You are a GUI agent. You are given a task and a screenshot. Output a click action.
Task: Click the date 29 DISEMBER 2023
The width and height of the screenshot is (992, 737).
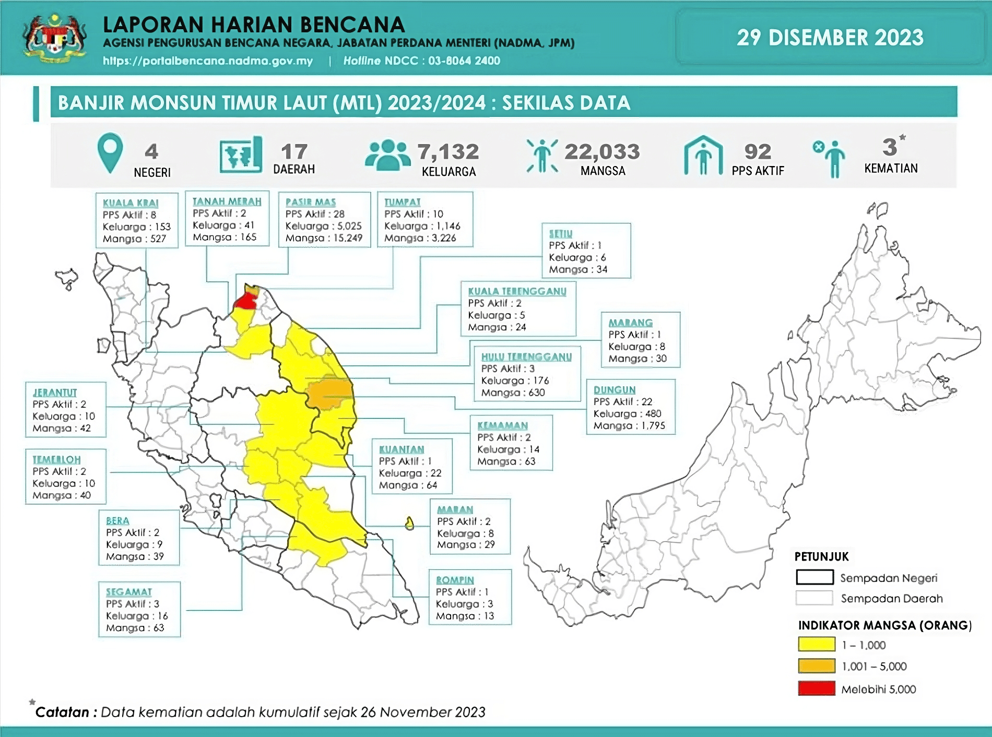[830, 38]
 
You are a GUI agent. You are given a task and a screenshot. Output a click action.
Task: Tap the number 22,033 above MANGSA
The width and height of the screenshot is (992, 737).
[602, 151]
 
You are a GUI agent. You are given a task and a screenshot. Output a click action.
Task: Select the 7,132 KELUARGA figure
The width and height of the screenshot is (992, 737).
[448, 152]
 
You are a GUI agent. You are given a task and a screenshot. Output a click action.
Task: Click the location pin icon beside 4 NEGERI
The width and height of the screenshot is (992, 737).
[110, 152]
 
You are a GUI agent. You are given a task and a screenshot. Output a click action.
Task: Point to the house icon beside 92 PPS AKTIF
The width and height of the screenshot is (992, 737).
[703, 156]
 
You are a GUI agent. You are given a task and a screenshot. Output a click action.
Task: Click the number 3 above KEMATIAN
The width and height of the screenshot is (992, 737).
[889, 147]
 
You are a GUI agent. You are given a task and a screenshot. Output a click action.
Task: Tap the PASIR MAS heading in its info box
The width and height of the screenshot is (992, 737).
[310, 202]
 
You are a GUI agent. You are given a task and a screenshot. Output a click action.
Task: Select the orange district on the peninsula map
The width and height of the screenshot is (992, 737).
[329, 391]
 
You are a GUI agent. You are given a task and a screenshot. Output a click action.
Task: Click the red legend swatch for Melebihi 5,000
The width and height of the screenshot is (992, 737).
[816, 688]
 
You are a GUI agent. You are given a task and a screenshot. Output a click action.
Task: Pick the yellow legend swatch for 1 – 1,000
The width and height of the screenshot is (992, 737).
[816, 645]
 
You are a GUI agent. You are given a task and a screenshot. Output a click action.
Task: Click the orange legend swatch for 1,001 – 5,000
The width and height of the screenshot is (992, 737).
[816, 666]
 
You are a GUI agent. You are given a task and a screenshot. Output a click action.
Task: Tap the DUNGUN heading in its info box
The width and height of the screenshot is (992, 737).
[614, 390]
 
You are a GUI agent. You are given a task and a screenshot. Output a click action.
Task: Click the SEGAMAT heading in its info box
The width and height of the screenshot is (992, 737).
[128, 592]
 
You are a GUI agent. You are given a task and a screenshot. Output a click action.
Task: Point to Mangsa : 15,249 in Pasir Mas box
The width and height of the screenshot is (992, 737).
[324, 238]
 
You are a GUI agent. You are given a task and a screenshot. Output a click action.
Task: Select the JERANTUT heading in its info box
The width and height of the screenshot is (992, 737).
[54, 393]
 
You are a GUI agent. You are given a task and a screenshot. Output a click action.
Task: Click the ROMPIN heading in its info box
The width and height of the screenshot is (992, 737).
[455, 580]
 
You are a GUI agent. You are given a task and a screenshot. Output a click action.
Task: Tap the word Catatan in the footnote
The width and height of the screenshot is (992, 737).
[62, 712]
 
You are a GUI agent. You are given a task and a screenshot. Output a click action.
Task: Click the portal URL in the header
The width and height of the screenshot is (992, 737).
[208, 61]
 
